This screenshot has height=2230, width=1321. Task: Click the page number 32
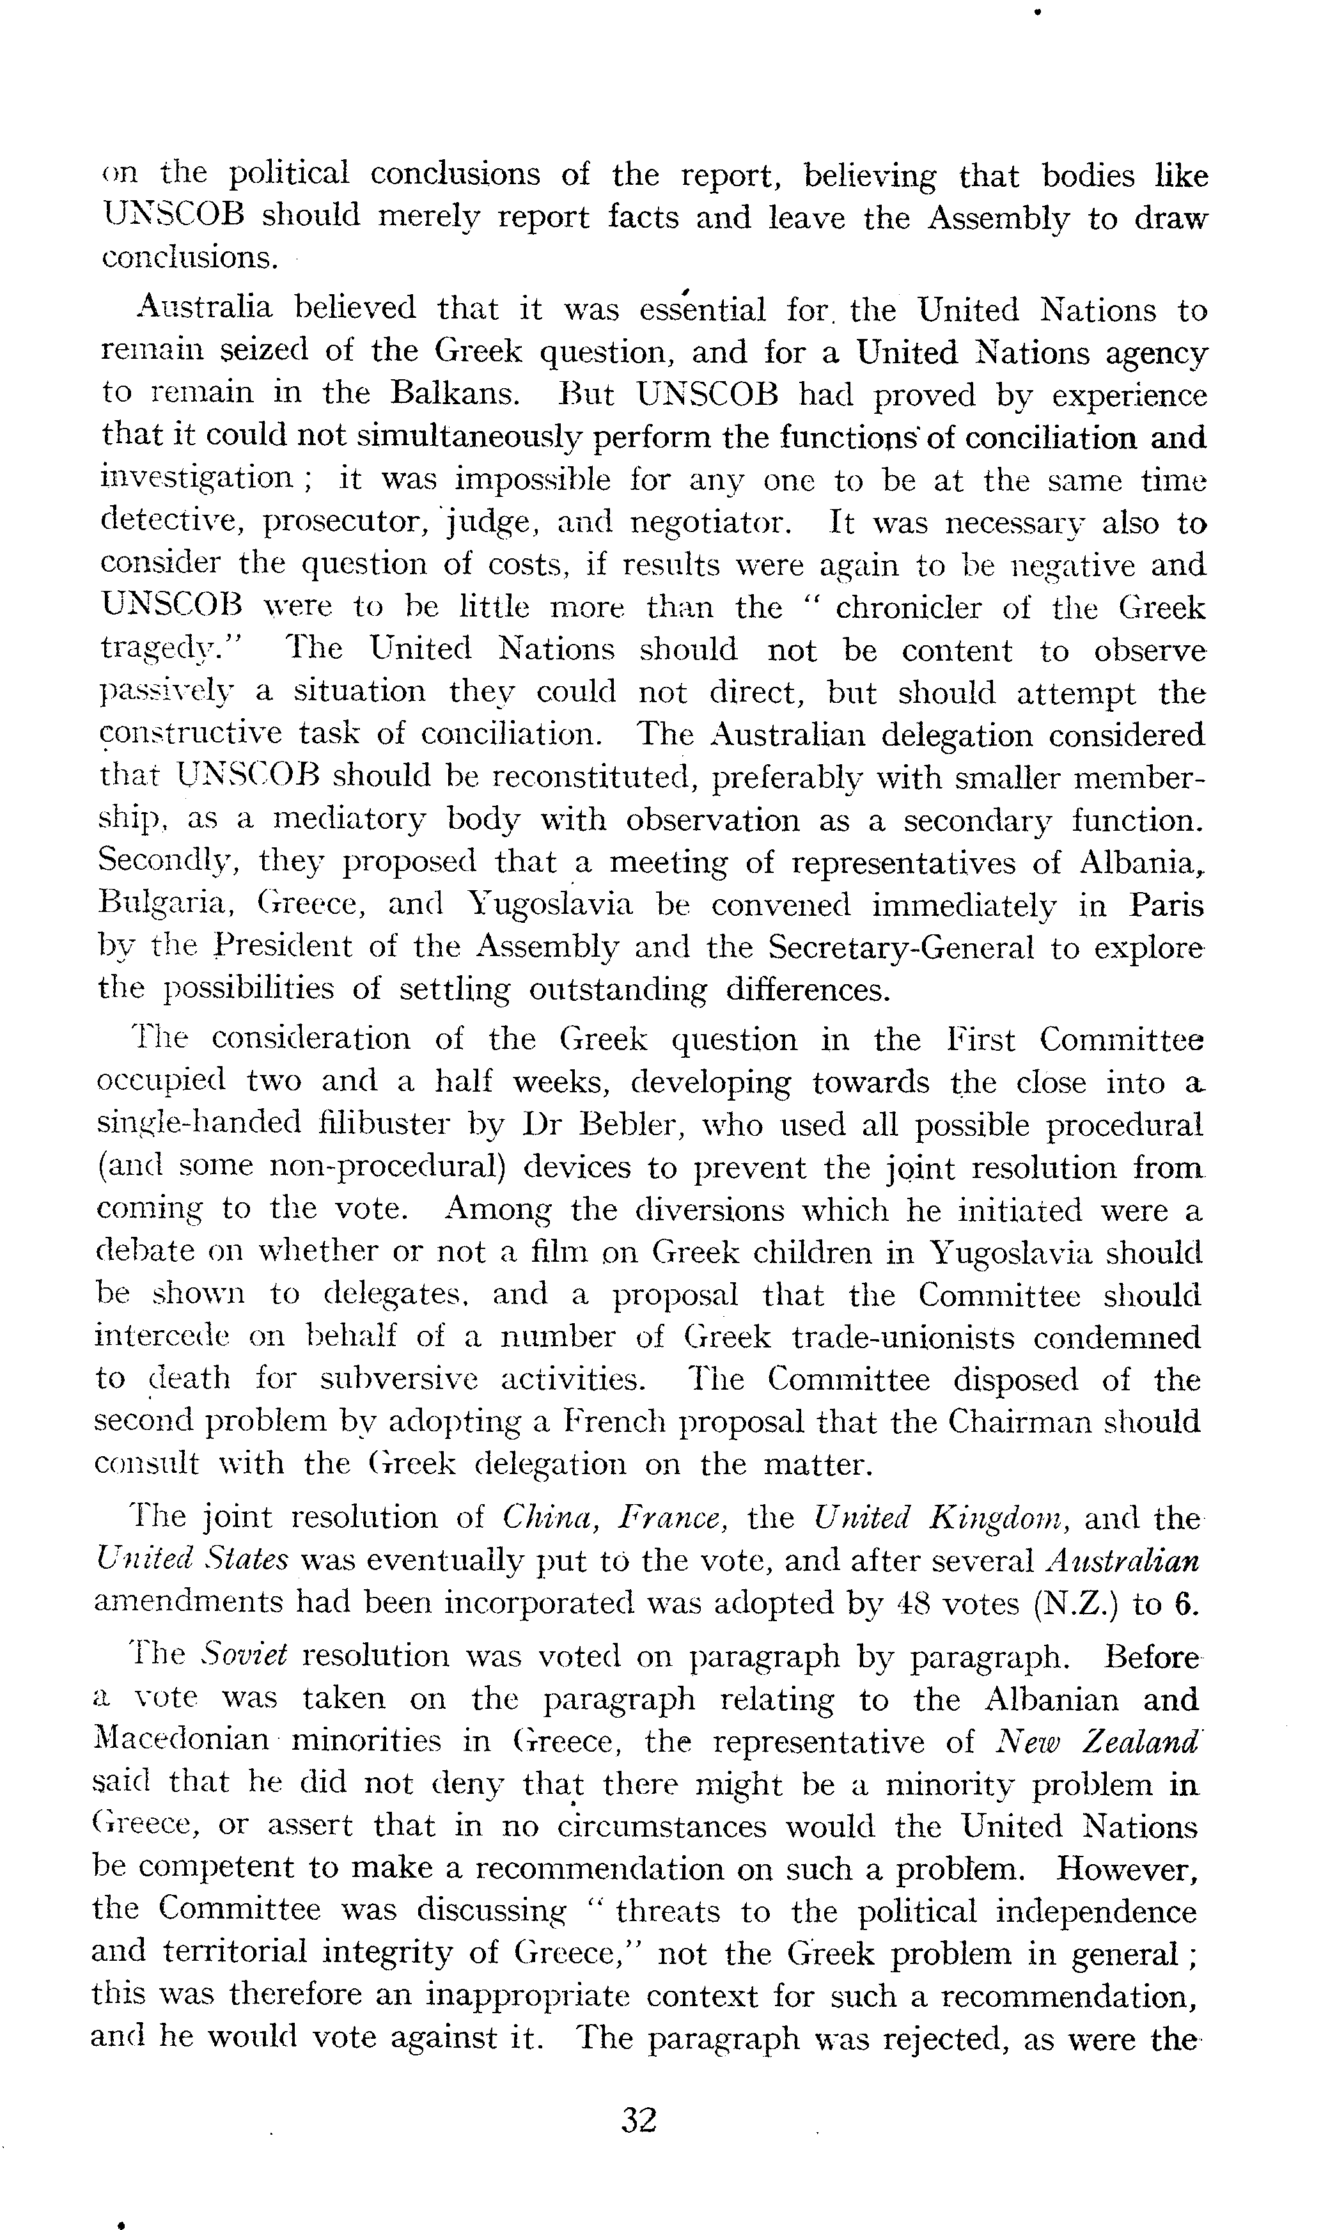point(639,2119)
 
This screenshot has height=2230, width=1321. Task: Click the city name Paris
point(1167,906)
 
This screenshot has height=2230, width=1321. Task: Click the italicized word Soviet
point(243,1655)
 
